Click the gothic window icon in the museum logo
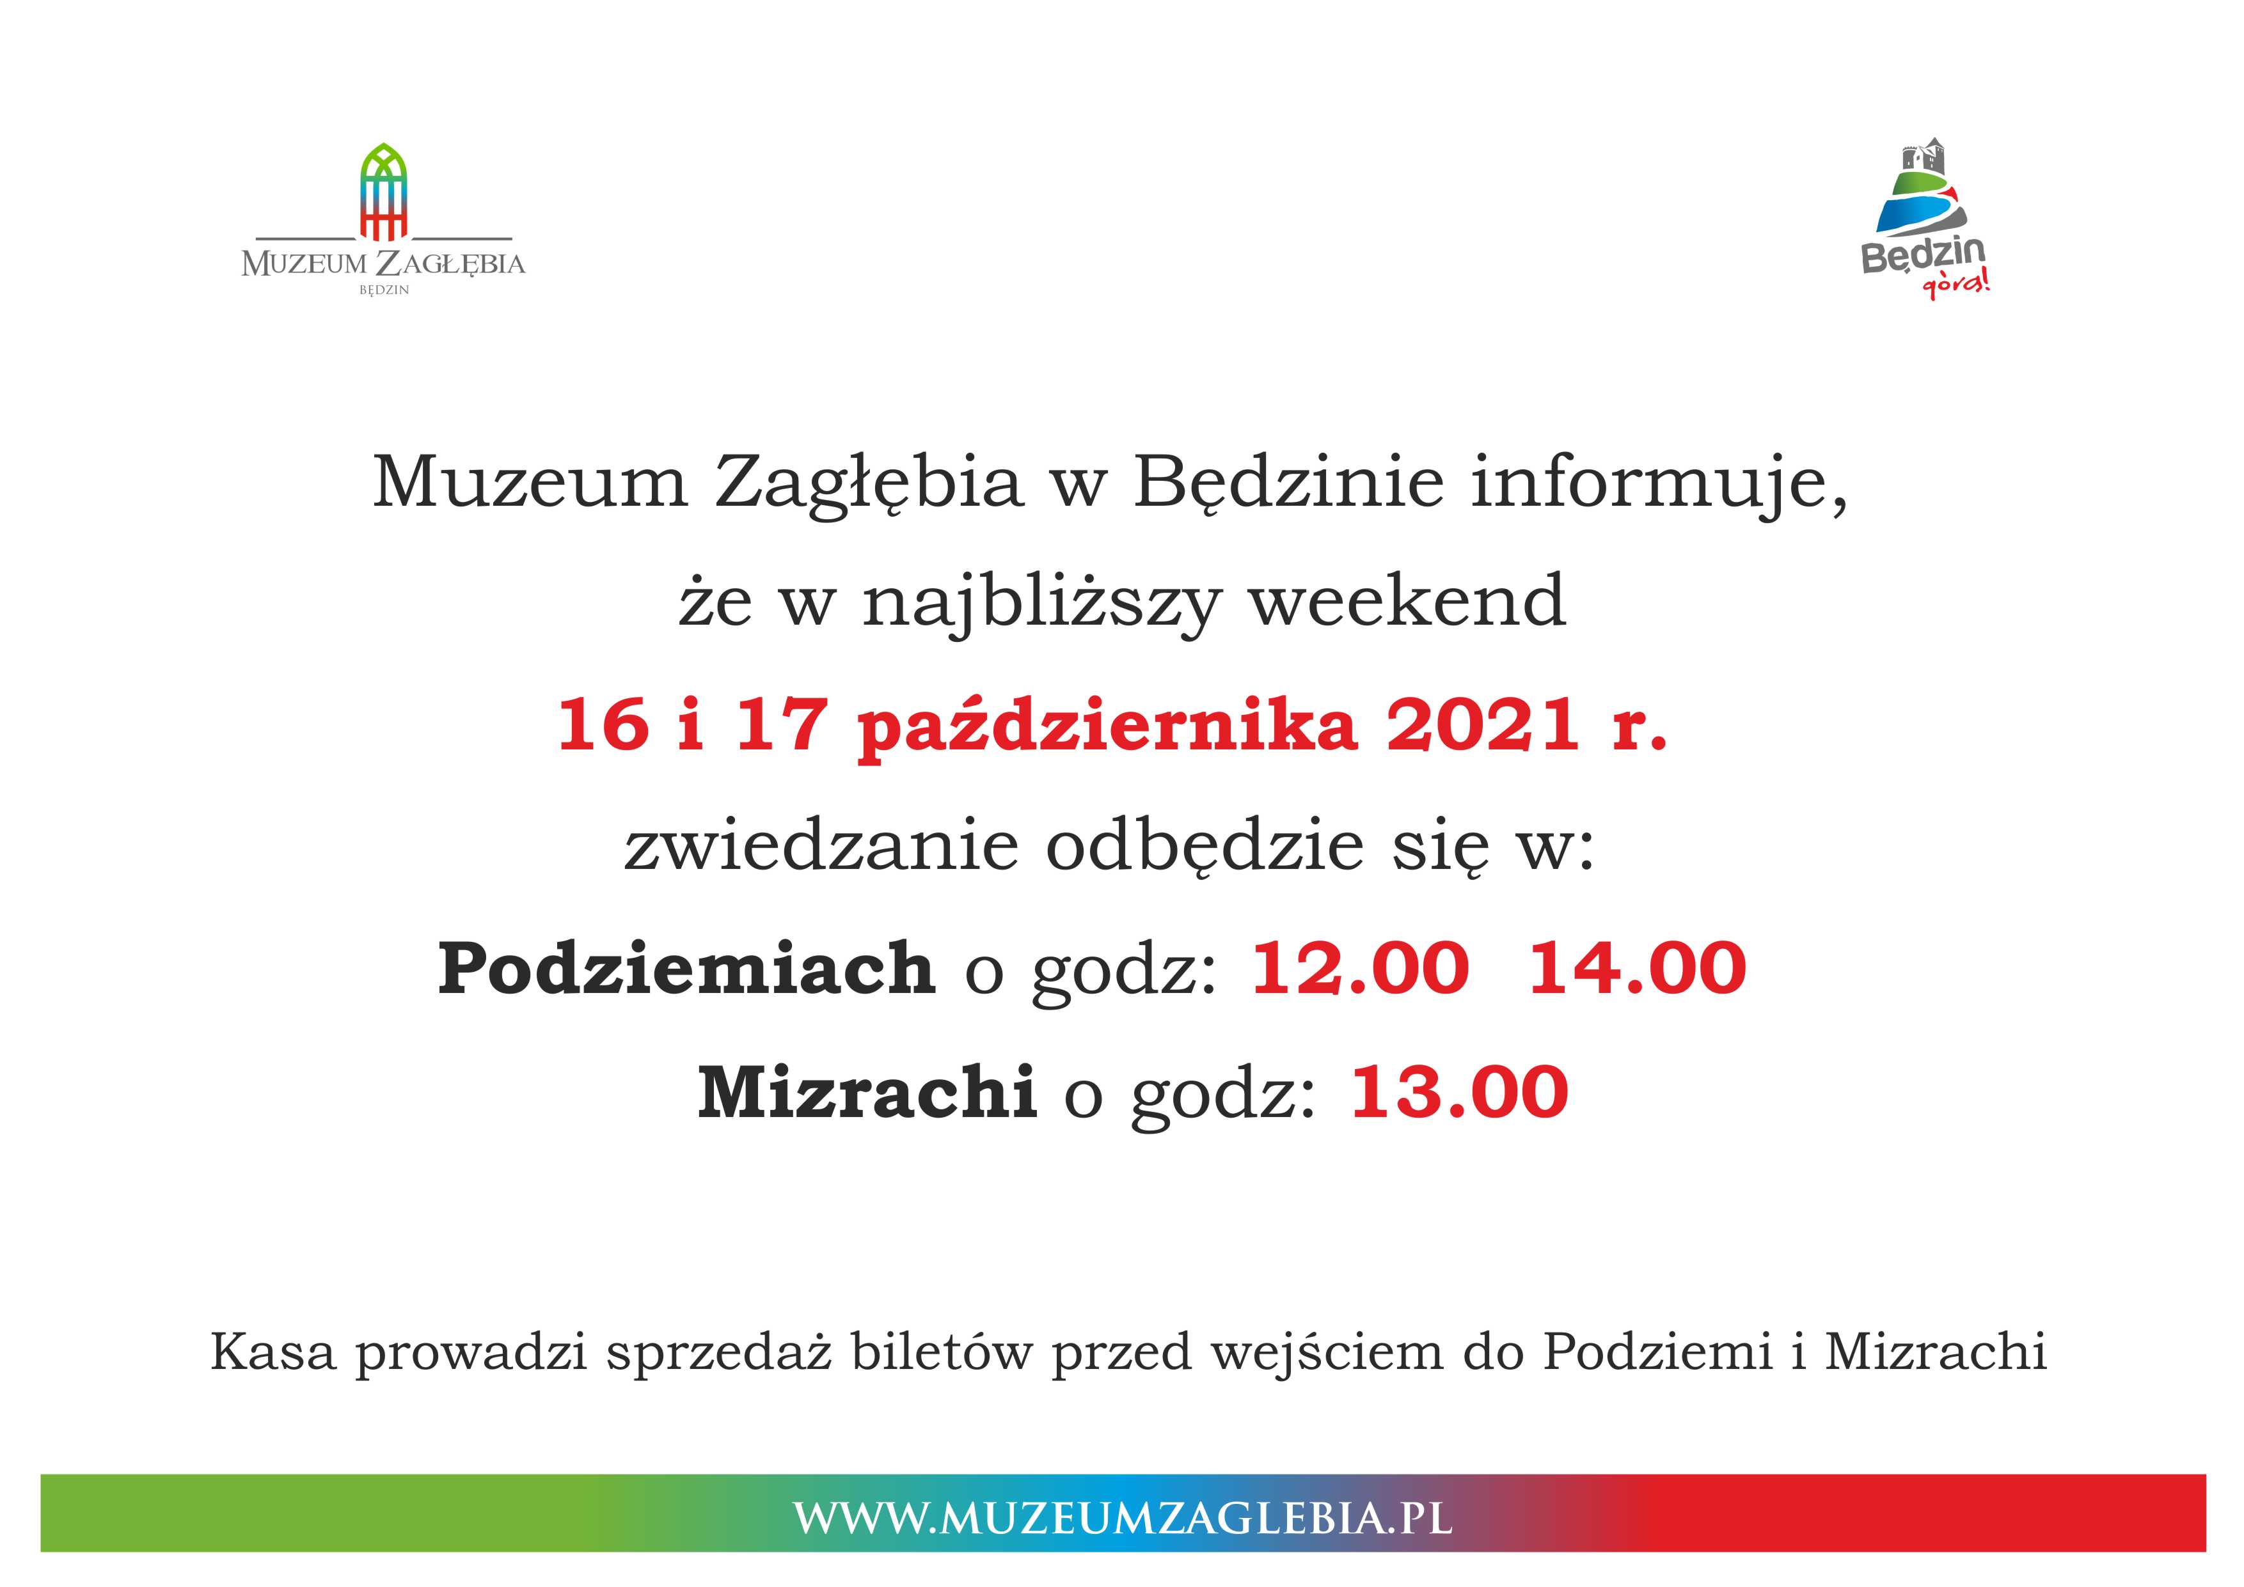(383, 192)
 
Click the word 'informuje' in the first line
(1659, 484)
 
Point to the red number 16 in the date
(603, 725)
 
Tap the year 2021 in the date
(1483, 725)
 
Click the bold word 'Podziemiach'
(686, 969)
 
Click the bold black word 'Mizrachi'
(866, 1091)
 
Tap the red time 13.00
(1459, 1091)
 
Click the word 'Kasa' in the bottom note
(274, 1352)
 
